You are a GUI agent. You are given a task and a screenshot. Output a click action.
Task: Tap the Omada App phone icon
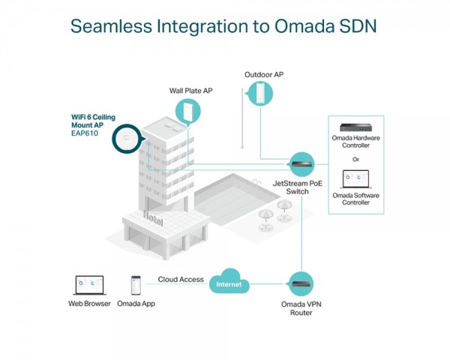point(136,285)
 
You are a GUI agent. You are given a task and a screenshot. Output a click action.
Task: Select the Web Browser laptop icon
point(89,285)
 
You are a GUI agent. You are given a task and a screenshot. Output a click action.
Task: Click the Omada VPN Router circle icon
point(301,284)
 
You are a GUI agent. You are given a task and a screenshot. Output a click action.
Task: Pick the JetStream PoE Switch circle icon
point(301,164)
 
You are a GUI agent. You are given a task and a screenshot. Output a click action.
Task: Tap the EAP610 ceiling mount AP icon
point(127,139)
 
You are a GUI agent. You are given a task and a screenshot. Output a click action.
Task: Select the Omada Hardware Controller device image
point(355,127)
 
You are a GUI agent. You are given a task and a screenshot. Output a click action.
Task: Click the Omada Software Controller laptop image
point(355,179)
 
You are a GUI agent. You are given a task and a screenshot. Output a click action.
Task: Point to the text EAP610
point(85,133)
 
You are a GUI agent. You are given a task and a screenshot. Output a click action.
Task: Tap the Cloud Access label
point(181,279)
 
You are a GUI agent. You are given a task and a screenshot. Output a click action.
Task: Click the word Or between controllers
point(355,159)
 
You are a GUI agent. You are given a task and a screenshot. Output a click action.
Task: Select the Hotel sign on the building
point(153,218)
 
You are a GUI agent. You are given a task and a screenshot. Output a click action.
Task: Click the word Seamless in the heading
point(111,26)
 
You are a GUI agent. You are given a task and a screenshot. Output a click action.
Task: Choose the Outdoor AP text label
point(264,75)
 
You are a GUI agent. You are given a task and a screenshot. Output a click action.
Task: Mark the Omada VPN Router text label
point(301,308)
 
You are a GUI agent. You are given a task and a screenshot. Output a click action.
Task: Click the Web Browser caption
point(89,304)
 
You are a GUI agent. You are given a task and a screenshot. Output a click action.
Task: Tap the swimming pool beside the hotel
point(236,199)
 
